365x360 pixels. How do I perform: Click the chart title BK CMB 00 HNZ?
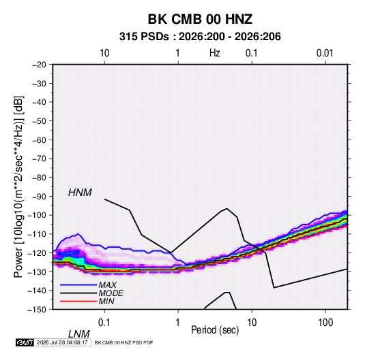point(200,19)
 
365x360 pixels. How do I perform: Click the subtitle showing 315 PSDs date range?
point(200,37)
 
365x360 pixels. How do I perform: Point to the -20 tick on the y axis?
point(39,65)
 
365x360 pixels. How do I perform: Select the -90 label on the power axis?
point(39,196)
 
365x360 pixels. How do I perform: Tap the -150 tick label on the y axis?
point(37,310)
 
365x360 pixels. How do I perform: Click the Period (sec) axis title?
point(215,330)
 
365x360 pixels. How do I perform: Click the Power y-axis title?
point(18,186)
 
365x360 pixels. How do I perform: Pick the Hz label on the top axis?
point(215,53)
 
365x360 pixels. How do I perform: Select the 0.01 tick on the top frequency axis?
point(325,53)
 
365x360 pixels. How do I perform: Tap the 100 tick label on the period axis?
point(325,323)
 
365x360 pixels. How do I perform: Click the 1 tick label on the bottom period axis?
point(178,323)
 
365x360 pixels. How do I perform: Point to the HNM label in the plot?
point(80,193)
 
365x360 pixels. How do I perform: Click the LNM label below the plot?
point(78,334)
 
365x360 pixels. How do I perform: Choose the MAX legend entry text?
point(107,285)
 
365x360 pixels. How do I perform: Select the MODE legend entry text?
point(111,293)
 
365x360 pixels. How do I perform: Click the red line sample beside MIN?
point(78,301)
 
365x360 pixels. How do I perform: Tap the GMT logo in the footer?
point(25,342)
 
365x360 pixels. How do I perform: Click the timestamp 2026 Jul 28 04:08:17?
point(62,342)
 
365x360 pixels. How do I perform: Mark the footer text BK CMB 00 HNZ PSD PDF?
point(124,342)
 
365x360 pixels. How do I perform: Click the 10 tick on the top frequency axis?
point(104,53)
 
